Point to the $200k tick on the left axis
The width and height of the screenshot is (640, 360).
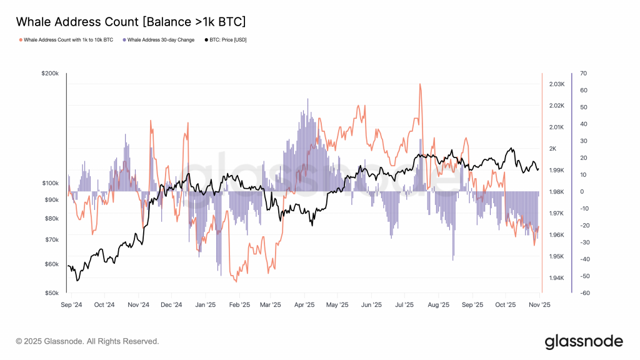(49, 74)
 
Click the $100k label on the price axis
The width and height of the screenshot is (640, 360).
(49, 183)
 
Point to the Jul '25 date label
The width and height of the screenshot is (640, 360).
(404, 305)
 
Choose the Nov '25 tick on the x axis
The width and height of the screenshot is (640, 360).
(539, 305)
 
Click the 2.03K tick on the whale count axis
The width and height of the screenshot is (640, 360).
(557, 84)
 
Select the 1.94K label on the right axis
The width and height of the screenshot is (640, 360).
(557, 278)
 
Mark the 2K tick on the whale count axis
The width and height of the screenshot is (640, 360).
(552, 149)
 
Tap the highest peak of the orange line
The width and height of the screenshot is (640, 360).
(420, 84)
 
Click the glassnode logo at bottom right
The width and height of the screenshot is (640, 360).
(583, 341)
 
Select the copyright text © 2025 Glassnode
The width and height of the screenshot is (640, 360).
(87, 341)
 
